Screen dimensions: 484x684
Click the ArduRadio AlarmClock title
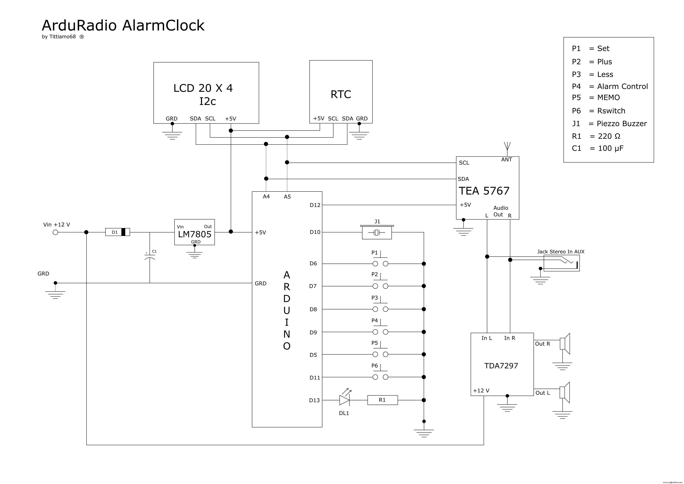(123, 26)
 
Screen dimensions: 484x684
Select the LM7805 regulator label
(195, 234)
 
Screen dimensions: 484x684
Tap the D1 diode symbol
(118, 232)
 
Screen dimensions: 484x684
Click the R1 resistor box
(383, 400)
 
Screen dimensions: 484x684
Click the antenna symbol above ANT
(507, 147)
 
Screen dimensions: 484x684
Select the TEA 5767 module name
(484, 191)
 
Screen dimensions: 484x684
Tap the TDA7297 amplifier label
(501, 366)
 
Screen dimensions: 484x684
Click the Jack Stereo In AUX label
(561, 252)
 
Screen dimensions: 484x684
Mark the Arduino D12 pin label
(315, 205)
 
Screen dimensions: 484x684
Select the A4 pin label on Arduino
(266, 196)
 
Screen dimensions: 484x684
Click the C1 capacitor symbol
(150, 257)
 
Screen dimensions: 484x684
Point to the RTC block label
(341, 95)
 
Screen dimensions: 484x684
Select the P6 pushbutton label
(375, 366)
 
